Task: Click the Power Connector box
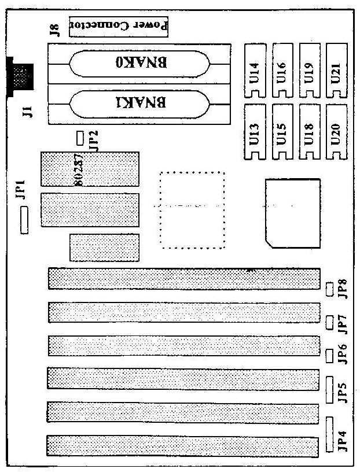coord(118,26)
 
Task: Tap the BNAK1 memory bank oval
coord(138,104)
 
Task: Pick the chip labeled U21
coord(336,71)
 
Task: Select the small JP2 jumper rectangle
coord(80,138)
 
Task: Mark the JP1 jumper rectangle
coord(24,222)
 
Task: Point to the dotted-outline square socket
coord(192,209)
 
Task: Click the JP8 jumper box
coord(329,289)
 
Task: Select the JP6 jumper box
coord(329,355)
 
